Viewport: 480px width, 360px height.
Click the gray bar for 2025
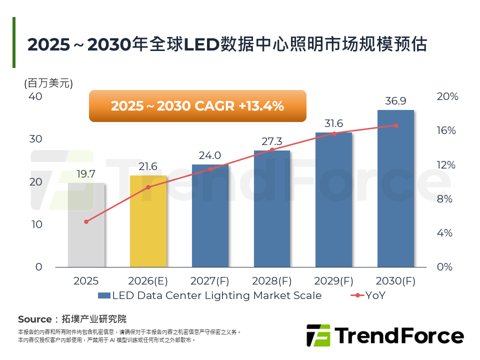pos(86,225)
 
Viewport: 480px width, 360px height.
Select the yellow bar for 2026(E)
pos(148,221)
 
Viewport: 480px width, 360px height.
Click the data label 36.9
pos(395,101)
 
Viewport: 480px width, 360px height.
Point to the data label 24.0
pos(210,155)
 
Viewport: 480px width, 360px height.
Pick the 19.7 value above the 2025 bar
pos(86,174)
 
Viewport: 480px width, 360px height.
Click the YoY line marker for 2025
pos(86,221)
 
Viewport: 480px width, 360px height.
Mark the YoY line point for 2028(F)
pos(272,149)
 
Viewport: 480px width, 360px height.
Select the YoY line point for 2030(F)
pos(396,125)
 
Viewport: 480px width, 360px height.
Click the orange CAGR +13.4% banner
pos(197,106)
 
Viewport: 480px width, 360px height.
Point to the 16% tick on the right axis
pos(446,130)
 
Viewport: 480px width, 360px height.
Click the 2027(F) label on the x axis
pos(210,281)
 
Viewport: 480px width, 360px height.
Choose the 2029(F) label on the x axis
pos(334,281)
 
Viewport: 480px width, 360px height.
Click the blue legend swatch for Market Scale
pos(103,295)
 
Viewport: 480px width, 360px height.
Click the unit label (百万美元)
pos(48,83)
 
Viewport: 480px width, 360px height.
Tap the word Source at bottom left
pos(34,319)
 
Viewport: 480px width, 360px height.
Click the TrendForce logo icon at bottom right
pos(318,335)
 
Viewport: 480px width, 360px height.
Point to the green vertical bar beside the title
pos(14,42)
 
